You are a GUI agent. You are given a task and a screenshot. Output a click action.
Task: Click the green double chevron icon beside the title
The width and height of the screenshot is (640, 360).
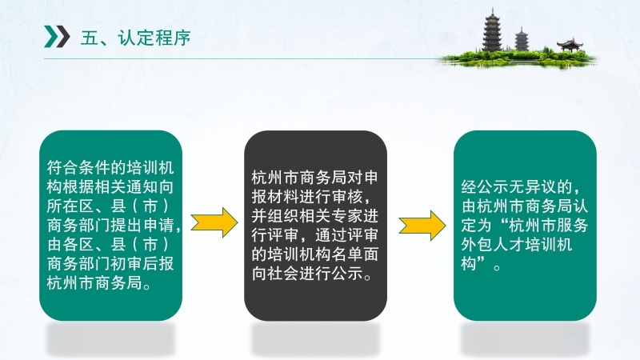[57, 36]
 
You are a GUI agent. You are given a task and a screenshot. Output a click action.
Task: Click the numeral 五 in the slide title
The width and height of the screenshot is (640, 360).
[90, 38]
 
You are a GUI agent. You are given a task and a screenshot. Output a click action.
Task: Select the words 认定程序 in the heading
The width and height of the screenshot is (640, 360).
[154, 38]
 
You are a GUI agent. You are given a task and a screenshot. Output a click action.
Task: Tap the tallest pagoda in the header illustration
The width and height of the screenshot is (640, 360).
[492, 30]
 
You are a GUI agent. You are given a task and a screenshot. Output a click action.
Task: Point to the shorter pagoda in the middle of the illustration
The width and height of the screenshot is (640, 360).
[522, 39]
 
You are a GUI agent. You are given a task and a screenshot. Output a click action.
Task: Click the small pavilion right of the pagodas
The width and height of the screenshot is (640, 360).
[570, 45]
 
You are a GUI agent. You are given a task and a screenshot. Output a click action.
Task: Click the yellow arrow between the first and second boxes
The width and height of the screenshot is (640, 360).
[214, 222]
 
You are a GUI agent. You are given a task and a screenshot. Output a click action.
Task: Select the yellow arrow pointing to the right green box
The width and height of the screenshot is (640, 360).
[422, 226]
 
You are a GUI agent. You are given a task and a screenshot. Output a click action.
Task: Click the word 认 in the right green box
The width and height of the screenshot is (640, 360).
[580, 206]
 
